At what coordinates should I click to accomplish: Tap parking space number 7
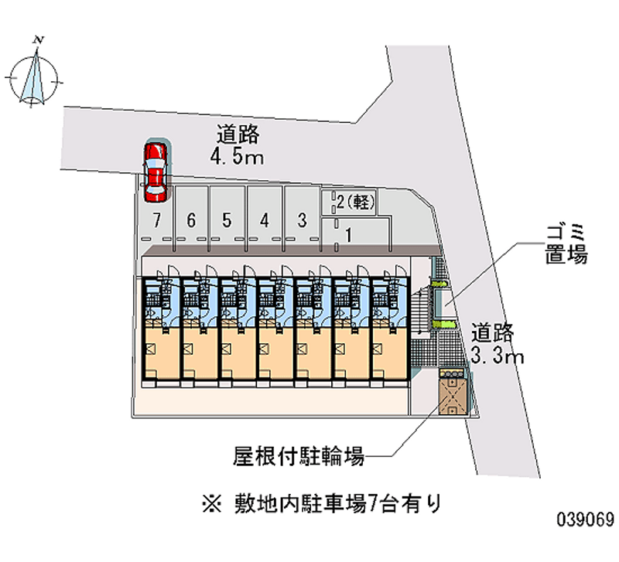[157, 220]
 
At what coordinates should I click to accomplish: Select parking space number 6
[191, 220]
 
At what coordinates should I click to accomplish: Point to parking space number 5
[227, 220]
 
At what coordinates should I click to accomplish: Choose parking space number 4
[265, 220]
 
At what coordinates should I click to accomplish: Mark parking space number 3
[303, 220]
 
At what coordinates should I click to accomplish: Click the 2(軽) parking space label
[356, 203]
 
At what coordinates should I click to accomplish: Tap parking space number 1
[349, 234]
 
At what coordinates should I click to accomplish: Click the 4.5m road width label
[238, 158]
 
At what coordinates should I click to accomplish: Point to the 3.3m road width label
[498, 356]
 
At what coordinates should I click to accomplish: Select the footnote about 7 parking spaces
[321, 504]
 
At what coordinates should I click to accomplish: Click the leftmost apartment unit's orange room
[160, 352]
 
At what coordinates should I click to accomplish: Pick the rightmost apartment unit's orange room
[388, 352]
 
